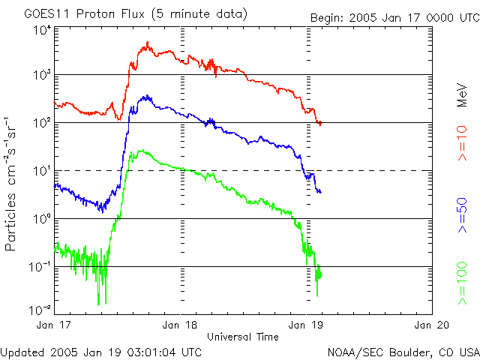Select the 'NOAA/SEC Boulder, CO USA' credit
(403, 351)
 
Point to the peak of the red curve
(148, 43)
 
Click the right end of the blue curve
(320, 192)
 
